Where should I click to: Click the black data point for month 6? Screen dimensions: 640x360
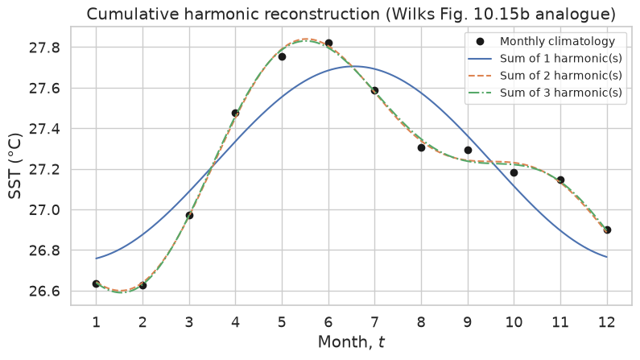(328, 43)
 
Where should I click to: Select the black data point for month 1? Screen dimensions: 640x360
(97, 283)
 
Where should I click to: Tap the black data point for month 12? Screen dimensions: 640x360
(607, 230)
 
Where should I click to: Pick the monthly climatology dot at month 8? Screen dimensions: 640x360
(421, 147)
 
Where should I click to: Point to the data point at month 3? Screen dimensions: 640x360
(189, 215)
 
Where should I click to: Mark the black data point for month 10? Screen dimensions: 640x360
(514, 172)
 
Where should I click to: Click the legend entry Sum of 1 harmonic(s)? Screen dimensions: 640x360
(544, 58)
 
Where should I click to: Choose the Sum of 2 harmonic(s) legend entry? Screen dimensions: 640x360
(544, 76)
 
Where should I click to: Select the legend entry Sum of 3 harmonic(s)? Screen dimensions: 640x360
(544, 93)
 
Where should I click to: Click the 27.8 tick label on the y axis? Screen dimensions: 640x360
(44, 48)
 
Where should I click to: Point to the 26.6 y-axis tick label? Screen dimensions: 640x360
(44, 292)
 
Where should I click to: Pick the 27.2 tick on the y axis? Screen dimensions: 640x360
(44, 170)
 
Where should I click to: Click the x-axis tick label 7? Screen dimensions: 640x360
(374, 322)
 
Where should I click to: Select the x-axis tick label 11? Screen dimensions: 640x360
(560, 322)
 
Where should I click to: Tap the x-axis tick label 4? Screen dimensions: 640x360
(236, 322)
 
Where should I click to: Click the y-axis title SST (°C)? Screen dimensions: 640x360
(14, 166)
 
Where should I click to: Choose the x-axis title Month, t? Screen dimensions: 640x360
(352, 342)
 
